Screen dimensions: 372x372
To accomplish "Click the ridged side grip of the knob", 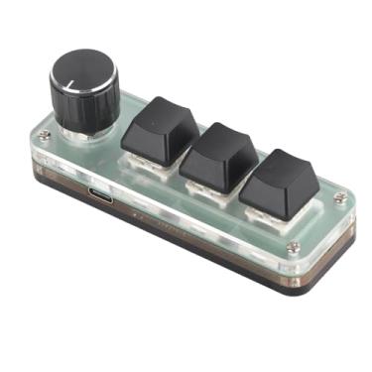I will click(x=83, y=109).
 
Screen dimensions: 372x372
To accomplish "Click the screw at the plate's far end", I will click(x=340, y=198).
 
